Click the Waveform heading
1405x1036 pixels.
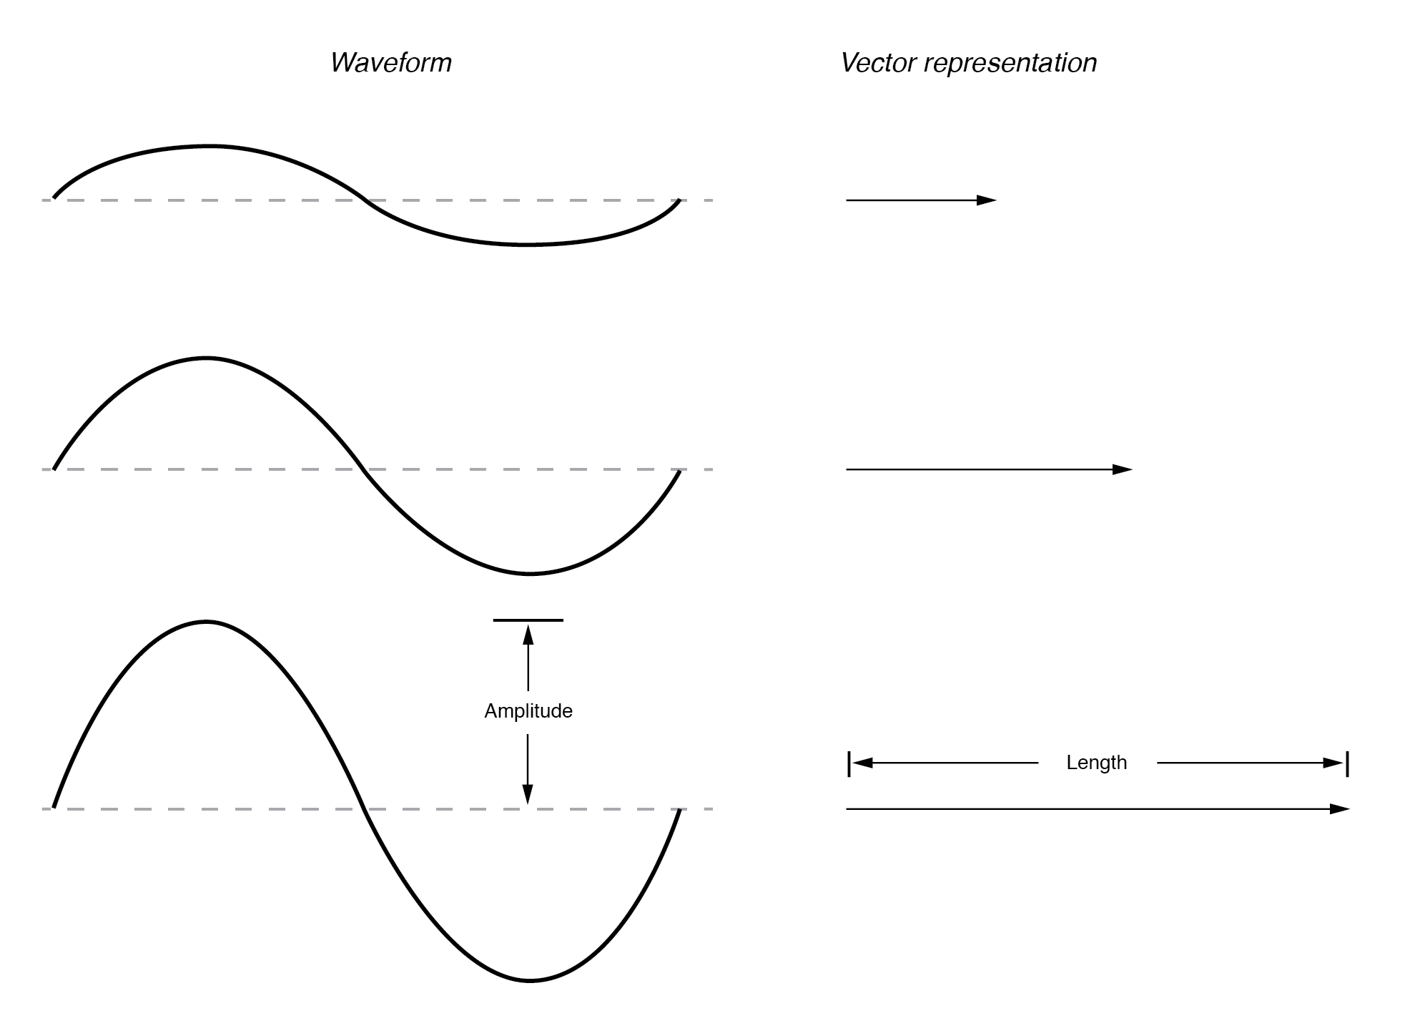(x=390, y=63)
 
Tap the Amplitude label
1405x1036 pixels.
(x=528, y=711)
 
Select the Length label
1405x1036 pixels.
(x=1096, y=763)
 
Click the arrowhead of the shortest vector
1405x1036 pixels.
(x=987, y=200)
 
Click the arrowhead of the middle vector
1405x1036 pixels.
(x=1123, y=469)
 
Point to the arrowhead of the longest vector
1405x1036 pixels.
(x=1340, y=809)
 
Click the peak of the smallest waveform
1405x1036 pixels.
(x=209, y=147)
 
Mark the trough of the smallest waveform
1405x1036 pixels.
(x=528, y=245)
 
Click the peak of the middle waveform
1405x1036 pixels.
(x=207, y=357)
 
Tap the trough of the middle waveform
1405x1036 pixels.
(x=530, y=574)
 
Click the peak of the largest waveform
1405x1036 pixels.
(x=207, y=622)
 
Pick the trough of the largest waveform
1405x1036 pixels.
(x=530, y=980)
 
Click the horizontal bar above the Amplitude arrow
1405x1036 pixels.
(x=528, y=620)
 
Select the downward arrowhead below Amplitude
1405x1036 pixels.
(x=528, y=794)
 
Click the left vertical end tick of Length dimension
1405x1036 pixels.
(x=849, y=763)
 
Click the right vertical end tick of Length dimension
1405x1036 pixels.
(x=1347, y=763)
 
